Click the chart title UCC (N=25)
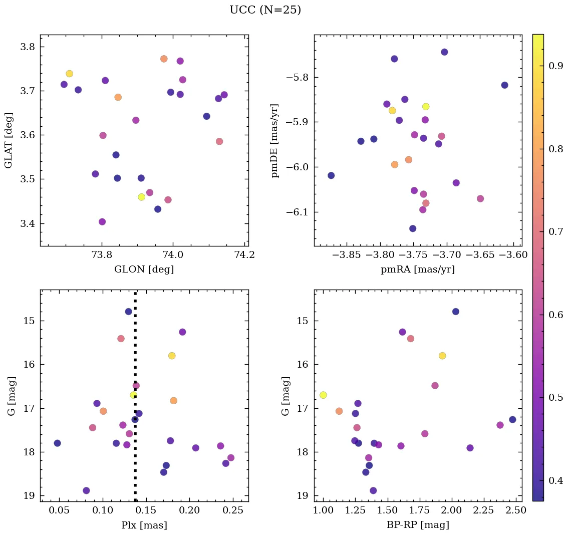(x=265, y=10)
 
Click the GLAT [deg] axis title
(x=9, y=140)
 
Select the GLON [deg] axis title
(x=144, y=270)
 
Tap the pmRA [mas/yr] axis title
(x=418, y=270)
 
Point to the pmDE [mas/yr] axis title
(x=274, y=140)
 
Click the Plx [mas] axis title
(x=144, y=525)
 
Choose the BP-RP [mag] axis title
(x=418, y=525)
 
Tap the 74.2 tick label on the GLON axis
(x=244, y=254)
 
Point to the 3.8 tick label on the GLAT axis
(x=27, y=47)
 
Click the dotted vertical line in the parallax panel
(x=135, y=351)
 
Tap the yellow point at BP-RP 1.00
(x=323, y=395)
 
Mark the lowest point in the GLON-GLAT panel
(x=102, y=222)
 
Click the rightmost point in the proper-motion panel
(x=504, y=85)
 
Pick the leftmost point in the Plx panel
(x=57, y=443)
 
